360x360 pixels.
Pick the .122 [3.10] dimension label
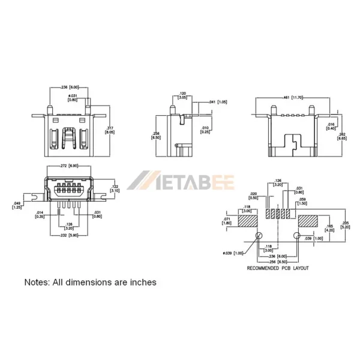115,189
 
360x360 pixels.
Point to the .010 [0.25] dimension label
206,130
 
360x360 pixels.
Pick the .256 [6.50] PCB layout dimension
278,262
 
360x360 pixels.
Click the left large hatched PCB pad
247,221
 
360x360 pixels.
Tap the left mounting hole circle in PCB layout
259,236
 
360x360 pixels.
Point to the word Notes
36,282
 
